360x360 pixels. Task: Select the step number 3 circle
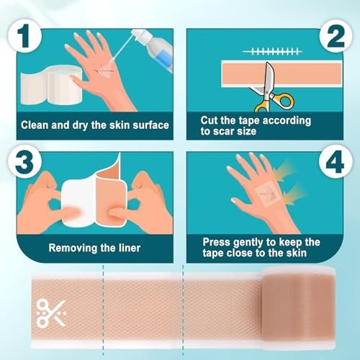(x=24, y=161)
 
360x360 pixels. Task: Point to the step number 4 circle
(x=336, y=161)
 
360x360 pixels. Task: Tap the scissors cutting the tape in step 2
(x=272, y=88)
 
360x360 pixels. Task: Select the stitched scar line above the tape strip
(x=272, y=51)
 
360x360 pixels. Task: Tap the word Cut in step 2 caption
(x=209, y=120)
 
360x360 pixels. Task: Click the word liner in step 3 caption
(x=129, y=248)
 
